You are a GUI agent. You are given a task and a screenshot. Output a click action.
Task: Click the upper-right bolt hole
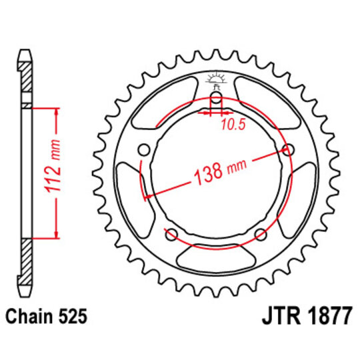coord(288,148)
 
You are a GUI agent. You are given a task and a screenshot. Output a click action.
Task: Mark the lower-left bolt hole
coord(171,233)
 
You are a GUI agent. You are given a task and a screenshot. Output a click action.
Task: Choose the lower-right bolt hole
coord(260,233)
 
